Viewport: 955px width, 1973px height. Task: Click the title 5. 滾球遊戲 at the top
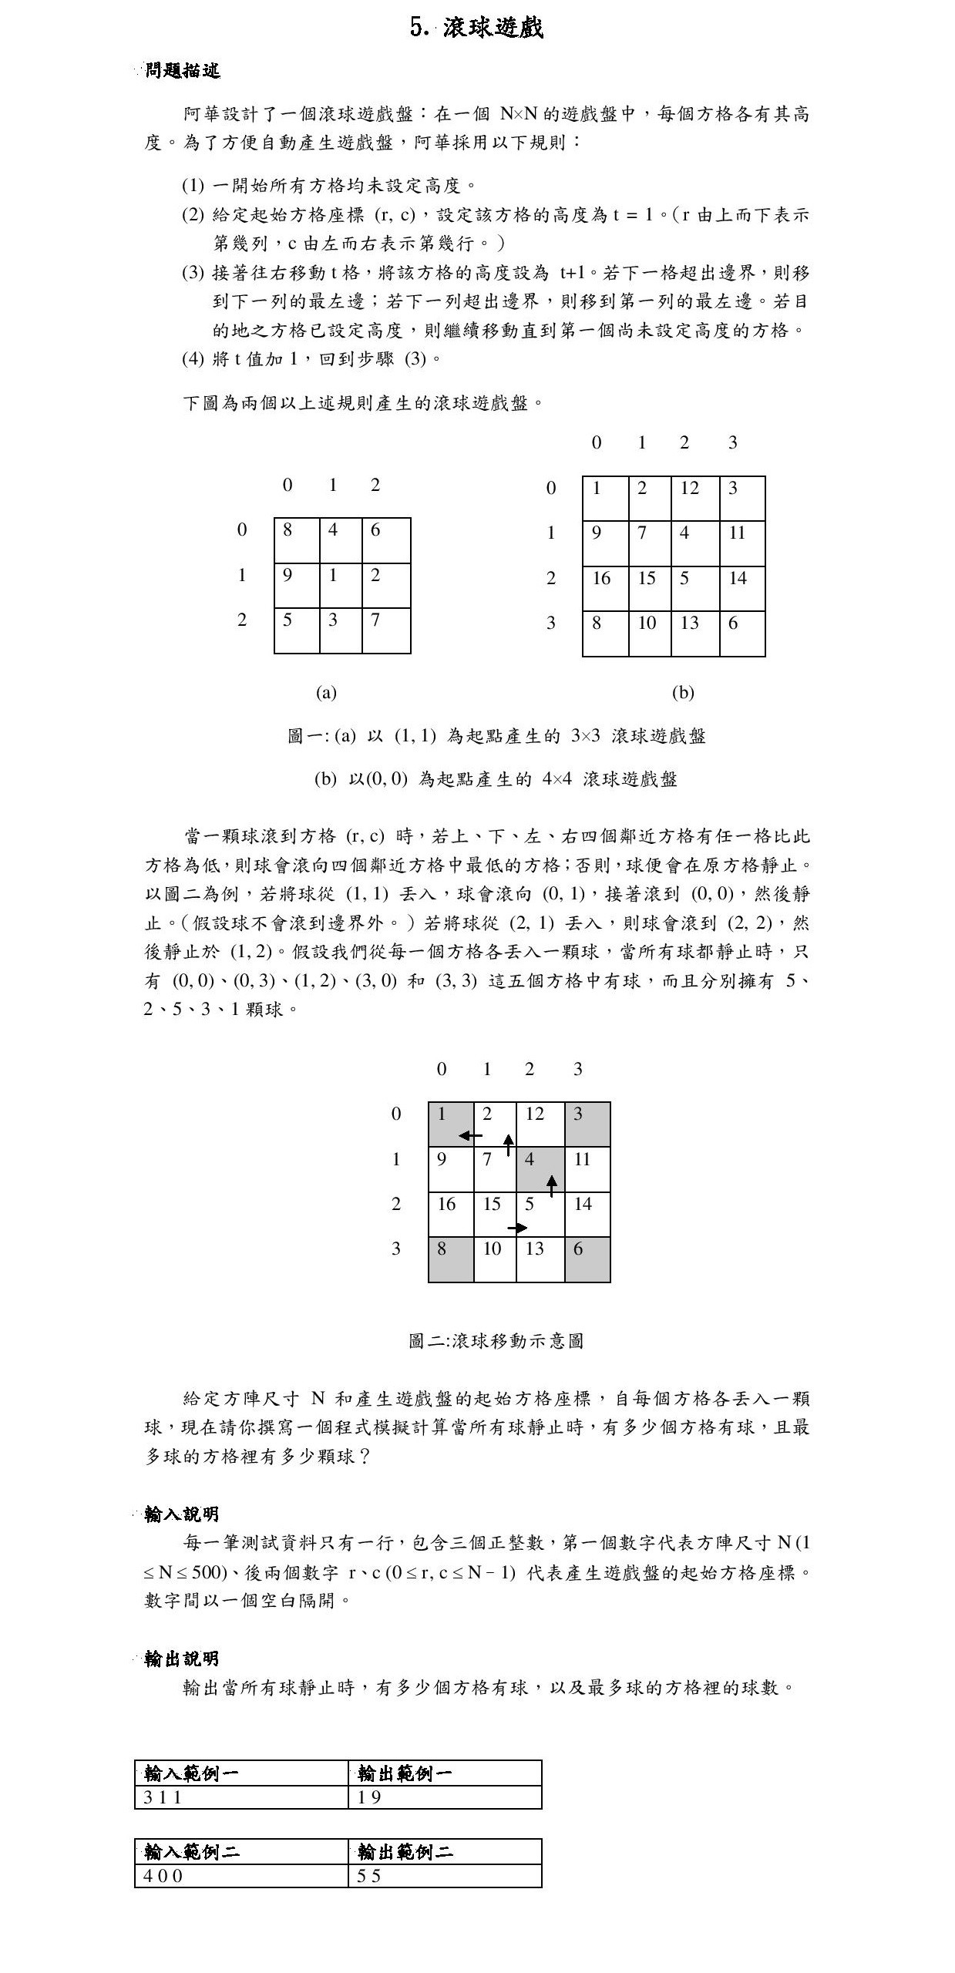pos(477,28)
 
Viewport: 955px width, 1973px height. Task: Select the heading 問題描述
pos(183,71)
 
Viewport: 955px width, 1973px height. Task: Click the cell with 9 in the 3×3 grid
pos(297,585)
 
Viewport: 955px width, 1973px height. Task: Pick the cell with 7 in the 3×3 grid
pos(385,630)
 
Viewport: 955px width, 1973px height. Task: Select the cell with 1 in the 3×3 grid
pos(341,585)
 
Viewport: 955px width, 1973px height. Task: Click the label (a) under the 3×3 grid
pos(326,692)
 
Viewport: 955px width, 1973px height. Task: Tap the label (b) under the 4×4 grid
pos(683,692)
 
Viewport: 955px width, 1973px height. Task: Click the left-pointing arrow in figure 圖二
pos(469,1135)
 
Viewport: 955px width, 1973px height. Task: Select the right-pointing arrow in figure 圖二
pos(517,1228)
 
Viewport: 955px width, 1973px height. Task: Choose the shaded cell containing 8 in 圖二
pos(451,1259)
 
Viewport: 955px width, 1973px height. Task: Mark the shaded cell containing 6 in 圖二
pos(587,1259)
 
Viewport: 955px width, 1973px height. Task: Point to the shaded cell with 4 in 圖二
pos(540,1169)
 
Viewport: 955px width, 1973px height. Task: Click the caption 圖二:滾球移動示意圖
pos(496,1341)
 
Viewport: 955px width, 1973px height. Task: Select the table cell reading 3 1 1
pos(240,1797)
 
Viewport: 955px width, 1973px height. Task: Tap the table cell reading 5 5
pos(445,1876)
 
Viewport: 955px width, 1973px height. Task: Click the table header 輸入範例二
pos(240,1851)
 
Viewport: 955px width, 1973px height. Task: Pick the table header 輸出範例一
pos(445,1773)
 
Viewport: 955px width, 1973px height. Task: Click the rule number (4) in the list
pos(193,358)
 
